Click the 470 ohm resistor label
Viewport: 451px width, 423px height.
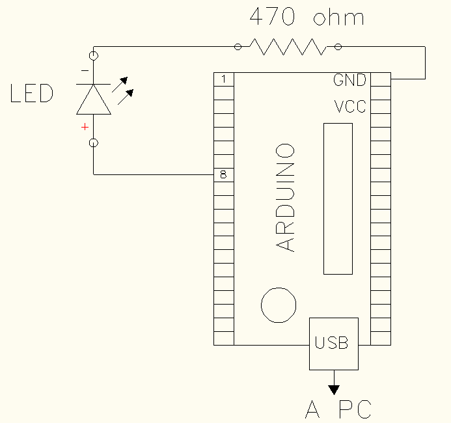(307, 17)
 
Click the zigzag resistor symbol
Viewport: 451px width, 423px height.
(288, 46)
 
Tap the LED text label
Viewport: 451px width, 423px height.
(31, 94)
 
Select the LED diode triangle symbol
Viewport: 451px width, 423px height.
(94, 99)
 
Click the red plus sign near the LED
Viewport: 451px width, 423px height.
(85, 127)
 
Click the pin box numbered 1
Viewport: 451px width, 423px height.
(224, 79)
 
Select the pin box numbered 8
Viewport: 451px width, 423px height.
(224, 174)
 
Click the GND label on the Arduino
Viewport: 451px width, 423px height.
(350, 80)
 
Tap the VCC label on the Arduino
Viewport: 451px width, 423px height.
(350, 106)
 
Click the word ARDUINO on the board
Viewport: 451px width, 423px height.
(286, 198)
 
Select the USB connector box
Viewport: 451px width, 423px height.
(333, 343)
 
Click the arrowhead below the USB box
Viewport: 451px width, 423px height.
(334, 389)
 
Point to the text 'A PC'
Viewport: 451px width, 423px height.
(338, 409)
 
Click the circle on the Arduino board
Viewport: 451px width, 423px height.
(279, 305)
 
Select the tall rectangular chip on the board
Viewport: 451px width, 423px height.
(338, 198)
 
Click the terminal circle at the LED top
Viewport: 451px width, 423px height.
(94, 56)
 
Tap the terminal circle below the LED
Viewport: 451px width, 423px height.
(94, 143)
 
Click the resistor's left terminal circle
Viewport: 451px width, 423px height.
(238, 46)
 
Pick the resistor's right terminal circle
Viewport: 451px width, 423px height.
(338, 46)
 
